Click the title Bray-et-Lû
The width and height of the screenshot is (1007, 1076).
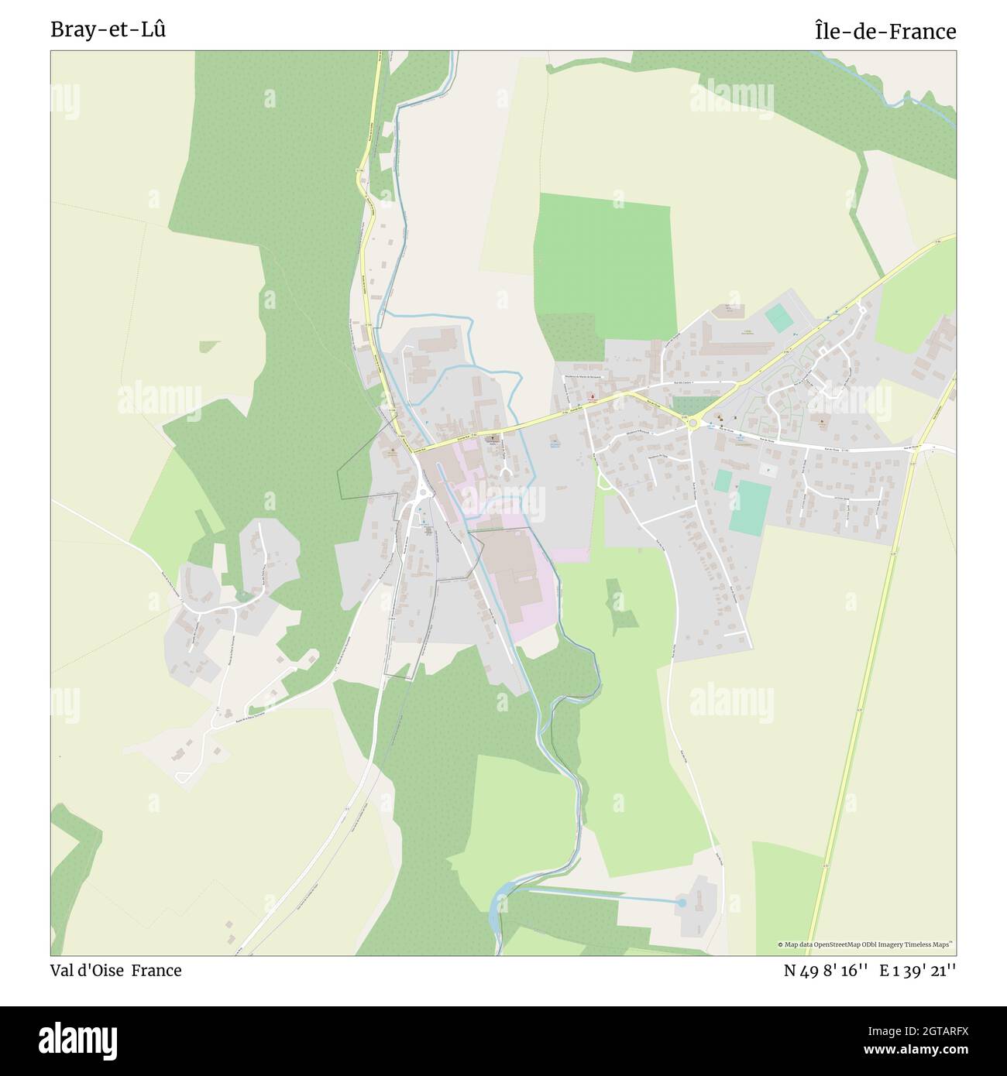click(108, 29)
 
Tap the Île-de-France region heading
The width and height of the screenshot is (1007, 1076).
click(885, 32)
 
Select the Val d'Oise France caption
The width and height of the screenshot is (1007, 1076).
click(116, 971)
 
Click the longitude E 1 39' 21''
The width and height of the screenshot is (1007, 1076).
click(917, 971)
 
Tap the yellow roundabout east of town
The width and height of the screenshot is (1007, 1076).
click(692, 423)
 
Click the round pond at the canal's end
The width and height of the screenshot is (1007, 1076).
click(682, 903)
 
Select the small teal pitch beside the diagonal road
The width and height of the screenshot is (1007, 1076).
click(775, 318)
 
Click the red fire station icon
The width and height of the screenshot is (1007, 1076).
click(593, 397)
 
